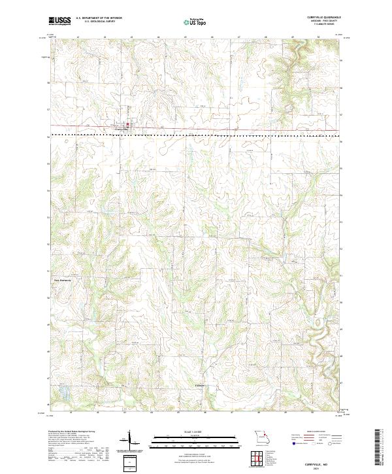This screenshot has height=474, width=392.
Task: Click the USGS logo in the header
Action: (x=59, y=22)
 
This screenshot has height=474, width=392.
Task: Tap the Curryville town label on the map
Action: (x=123, y=129)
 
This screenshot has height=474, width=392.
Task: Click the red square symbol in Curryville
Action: (x=127, y=125)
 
